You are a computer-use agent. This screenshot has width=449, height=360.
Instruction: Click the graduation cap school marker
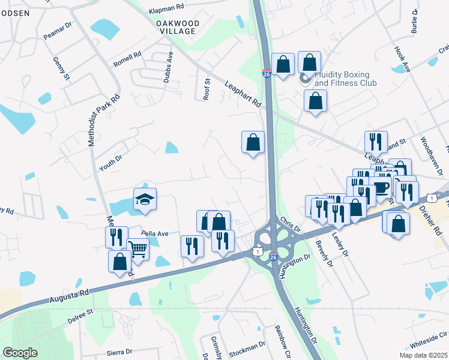[x=145, y=199]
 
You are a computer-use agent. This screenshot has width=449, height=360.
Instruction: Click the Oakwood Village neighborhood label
[x=176, y=26]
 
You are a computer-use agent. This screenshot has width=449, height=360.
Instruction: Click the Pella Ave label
[x=155, y=233]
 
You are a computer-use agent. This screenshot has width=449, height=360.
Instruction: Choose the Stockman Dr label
[x=246, y=346]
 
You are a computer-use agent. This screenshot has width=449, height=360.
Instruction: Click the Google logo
[x=20, y=353]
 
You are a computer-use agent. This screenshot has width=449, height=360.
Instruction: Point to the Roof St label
[x=206, y=89]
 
